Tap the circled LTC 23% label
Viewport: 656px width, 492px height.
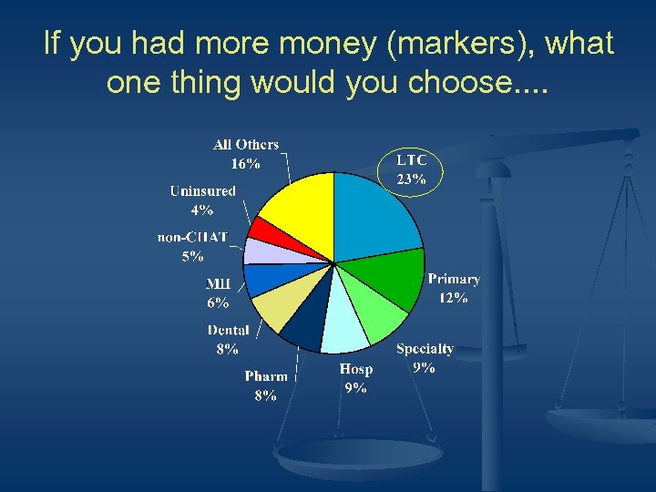[410, 169]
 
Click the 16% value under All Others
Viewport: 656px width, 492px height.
[245, 164]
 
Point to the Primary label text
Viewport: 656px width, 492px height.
[454, 280]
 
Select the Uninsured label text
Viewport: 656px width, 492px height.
[202, 191]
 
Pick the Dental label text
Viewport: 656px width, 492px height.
[228, 330]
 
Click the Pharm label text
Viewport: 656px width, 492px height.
[266, 376]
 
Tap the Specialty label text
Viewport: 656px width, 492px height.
[425, 349]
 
